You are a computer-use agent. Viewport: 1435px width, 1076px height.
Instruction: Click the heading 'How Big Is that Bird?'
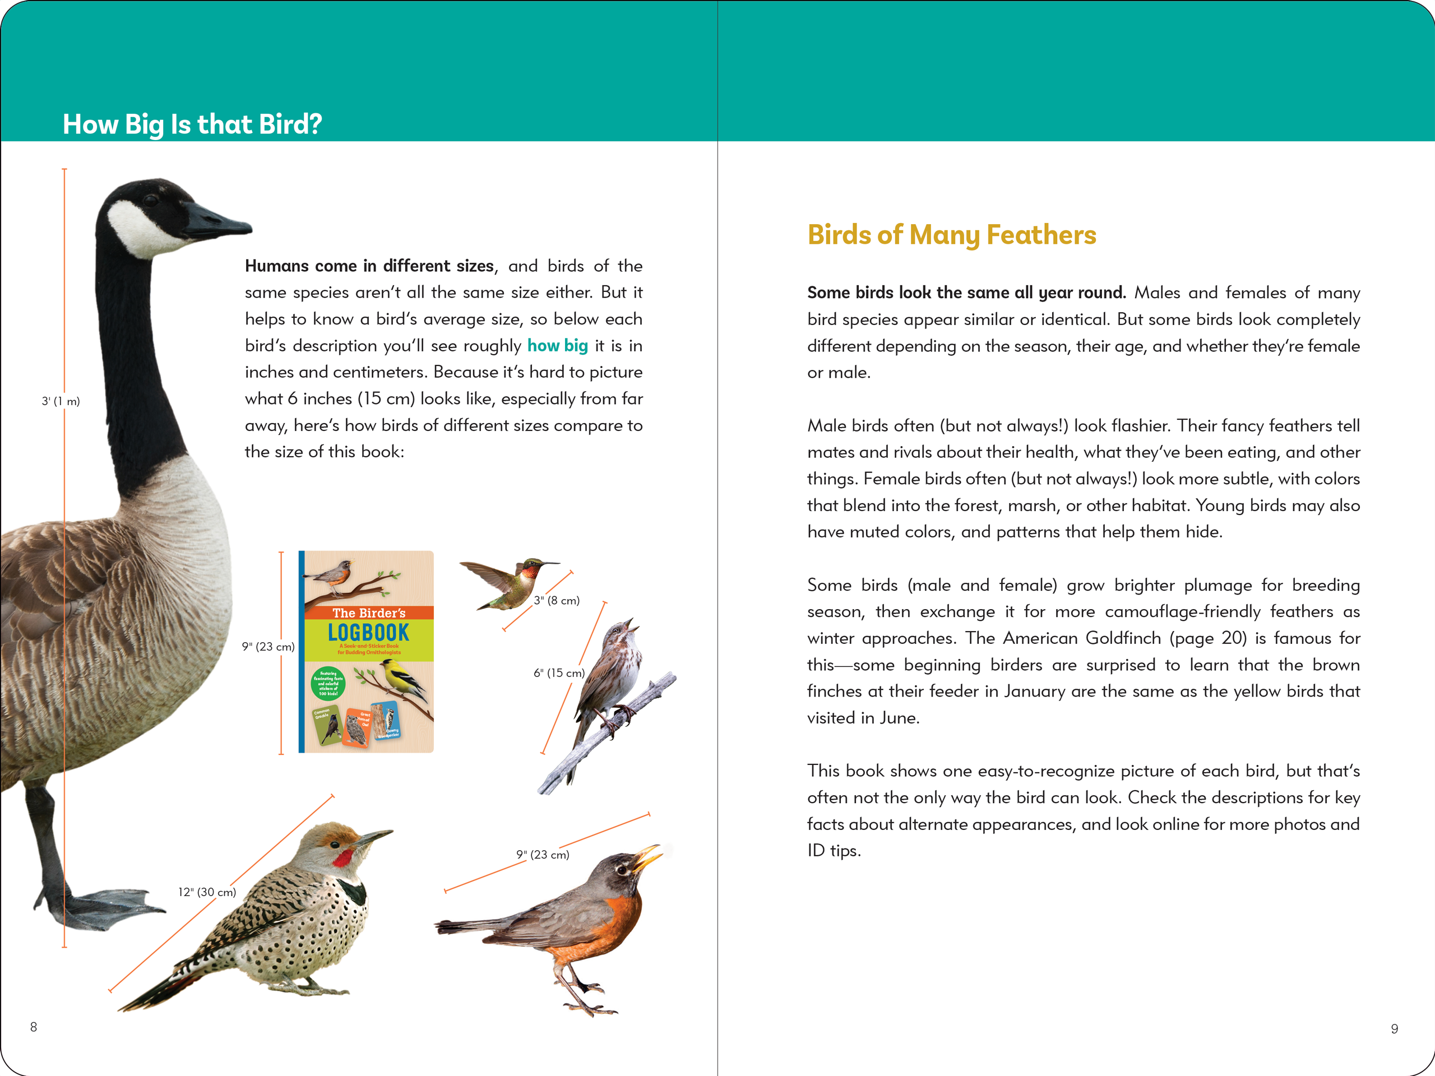point(192,124)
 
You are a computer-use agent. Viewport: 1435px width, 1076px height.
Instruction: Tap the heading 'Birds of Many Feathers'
point(951,235)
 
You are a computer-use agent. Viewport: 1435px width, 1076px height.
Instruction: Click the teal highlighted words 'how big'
point(557,346)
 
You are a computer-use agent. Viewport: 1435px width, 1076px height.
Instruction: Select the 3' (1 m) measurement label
point(61,401)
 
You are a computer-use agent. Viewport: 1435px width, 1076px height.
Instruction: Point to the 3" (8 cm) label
point(557,601)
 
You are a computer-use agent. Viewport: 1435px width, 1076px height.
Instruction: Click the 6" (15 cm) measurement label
point(558,673)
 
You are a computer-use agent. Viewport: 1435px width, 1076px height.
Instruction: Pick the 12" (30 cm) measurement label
point(207,892)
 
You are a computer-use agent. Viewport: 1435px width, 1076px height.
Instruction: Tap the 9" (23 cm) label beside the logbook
point(268,647)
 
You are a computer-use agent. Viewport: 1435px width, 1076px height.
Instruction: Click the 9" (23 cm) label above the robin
point(543,855)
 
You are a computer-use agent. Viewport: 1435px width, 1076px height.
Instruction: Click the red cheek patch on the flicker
point(342,858)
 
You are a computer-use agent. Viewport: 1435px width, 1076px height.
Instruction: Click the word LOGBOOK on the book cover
point(368,632)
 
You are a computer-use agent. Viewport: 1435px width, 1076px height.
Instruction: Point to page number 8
point(34,1027)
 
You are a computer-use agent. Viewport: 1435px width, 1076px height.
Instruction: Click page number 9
point(1394,1029)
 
